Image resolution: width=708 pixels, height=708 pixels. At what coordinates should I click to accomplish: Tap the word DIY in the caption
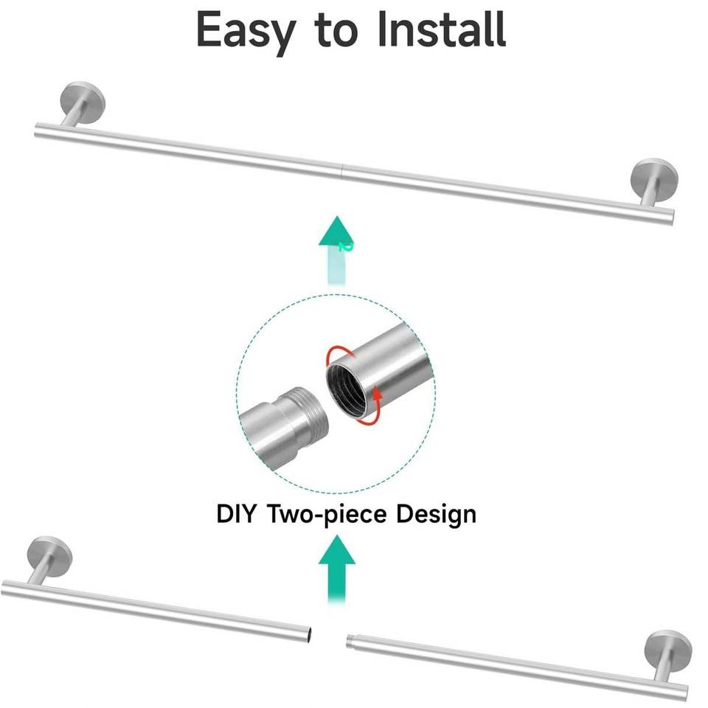[x=236, y=513]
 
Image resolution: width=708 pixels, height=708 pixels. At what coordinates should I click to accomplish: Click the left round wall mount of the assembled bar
[x=81, y=98]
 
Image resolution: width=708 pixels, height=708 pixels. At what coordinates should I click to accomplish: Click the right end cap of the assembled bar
[x=670, y=215]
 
